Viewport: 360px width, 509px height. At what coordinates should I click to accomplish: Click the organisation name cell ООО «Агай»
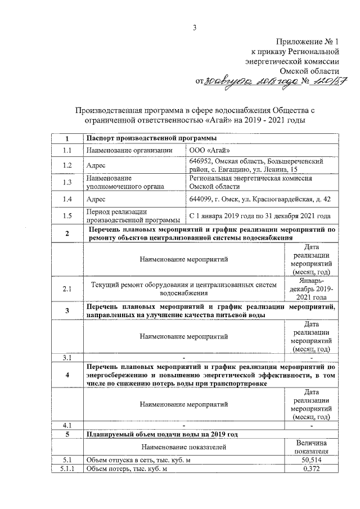(210, 150)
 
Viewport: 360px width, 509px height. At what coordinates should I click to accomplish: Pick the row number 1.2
(67, 166)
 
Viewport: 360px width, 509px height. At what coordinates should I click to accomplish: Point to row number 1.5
(67, 216)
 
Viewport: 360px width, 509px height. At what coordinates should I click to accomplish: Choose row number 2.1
(67, 289)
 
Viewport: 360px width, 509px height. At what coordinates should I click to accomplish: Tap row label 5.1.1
(67, 469)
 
